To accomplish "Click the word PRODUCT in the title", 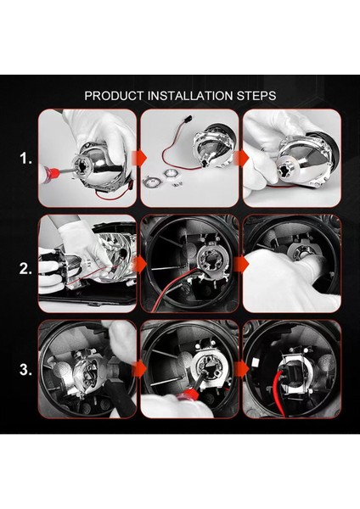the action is click(114, 96).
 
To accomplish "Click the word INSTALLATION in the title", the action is click(189, 96).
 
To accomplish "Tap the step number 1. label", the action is click(25, 159).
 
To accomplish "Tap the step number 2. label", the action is click(25, 269).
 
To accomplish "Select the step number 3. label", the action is click(25, 370).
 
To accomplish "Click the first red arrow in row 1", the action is click(139, 159).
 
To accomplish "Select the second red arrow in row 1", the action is click(241, 159).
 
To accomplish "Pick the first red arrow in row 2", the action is click(139, 265).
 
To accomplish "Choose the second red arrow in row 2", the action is click(241, 265).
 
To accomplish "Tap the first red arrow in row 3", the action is click(139, 370).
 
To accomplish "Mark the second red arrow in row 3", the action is click(241, 370).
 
